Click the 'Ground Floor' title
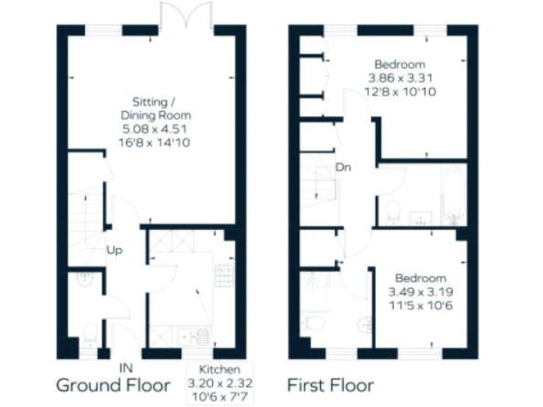[113, 385]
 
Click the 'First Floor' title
[330, 385]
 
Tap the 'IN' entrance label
[126, 368]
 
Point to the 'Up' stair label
[115, 249]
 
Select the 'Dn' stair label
[344, 167]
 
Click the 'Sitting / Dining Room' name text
[156, 107]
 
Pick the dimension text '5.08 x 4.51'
[156, 129]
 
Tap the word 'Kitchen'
[220, 369]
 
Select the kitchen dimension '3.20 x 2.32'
[220, 382]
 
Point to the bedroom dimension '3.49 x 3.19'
[421, 291]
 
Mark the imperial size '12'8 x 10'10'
[400, 90]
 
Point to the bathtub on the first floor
[452, 196]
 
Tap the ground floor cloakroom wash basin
[85, 278]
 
